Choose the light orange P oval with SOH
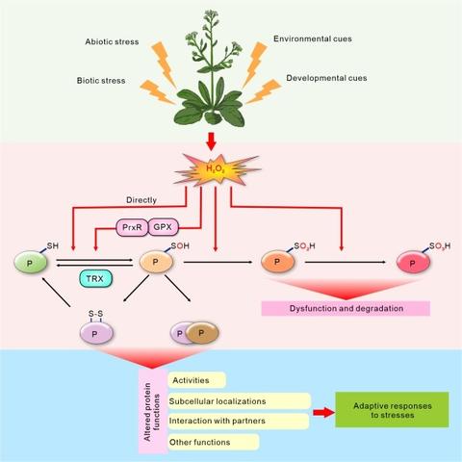tap(154, 261)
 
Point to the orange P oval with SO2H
tap(279, 261)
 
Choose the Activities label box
tap(196, 381)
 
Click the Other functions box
tap(213, 442)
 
